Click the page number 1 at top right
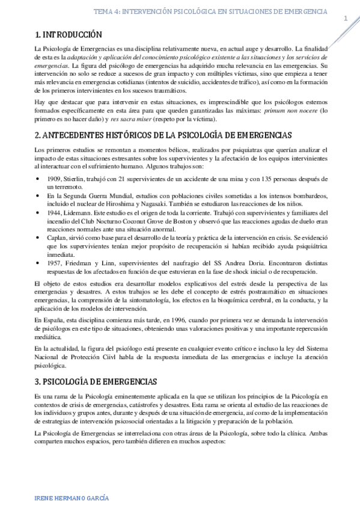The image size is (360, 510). click(x=346, y=19)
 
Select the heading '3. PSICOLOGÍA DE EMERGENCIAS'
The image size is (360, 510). click(x=96, y=381)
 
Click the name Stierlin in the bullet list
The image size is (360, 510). click(x=76, y=179)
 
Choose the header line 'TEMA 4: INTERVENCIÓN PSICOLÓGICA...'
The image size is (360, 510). click(x=211, y=11)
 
